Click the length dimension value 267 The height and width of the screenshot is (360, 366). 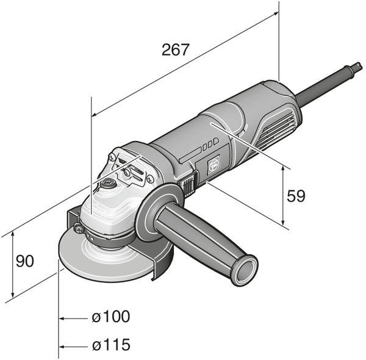pos(176,50)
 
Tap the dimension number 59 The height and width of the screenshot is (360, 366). pos(295,196)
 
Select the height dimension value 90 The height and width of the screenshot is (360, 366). pos(24,261)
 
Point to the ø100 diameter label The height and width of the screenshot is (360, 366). pos(111,317)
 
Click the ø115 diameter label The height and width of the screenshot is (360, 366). pos(111,345)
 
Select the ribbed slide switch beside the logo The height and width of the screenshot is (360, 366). pos(189,182)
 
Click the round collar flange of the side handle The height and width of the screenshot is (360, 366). pos(157,211)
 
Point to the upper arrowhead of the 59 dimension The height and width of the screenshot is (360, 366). pos(284,169)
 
